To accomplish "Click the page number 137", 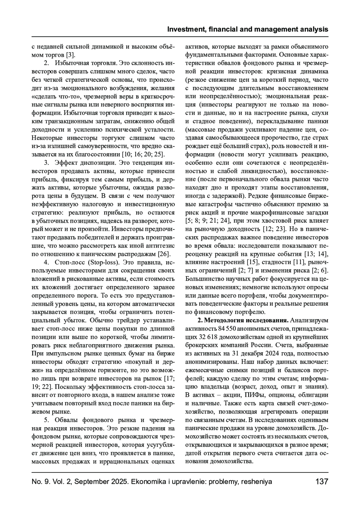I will click(x=322, y=482).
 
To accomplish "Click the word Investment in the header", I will click(x=184, y=29).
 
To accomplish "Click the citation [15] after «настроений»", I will click(x=253, y=262).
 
